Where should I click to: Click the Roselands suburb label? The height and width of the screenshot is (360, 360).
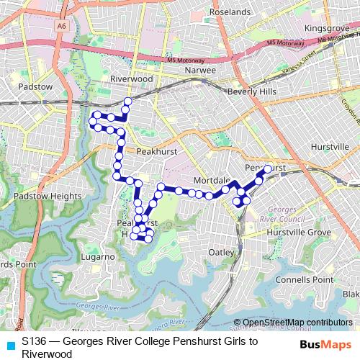click(230, 12)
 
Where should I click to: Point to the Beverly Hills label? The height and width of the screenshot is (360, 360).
click(251, 92)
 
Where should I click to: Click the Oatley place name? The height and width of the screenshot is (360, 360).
click(221, 252)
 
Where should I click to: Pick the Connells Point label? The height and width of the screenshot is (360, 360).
click(304, 279)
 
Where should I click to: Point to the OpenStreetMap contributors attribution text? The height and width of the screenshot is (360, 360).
click(297, 323)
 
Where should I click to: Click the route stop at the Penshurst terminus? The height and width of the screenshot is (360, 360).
click(267, 168)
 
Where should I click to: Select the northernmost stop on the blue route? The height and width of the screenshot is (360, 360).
click(128, 101)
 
